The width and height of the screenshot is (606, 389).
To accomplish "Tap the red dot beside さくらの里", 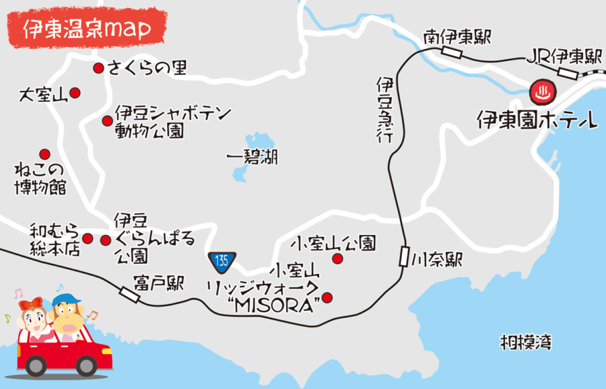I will click(98, 67).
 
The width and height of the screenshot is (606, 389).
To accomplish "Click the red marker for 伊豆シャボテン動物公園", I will click(106, 121).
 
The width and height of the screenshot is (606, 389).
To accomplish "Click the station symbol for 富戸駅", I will click(128, 293).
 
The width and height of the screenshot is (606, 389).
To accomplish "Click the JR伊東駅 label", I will click(562, 57).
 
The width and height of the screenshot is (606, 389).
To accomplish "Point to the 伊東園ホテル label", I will click(537, 121).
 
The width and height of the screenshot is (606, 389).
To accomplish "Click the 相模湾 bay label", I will click(526, 342).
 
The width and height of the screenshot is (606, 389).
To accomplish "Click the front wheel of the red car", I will click(35, 366).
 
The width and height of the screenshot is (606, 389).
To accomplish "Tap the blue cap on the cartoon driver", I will click(65, 299).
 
